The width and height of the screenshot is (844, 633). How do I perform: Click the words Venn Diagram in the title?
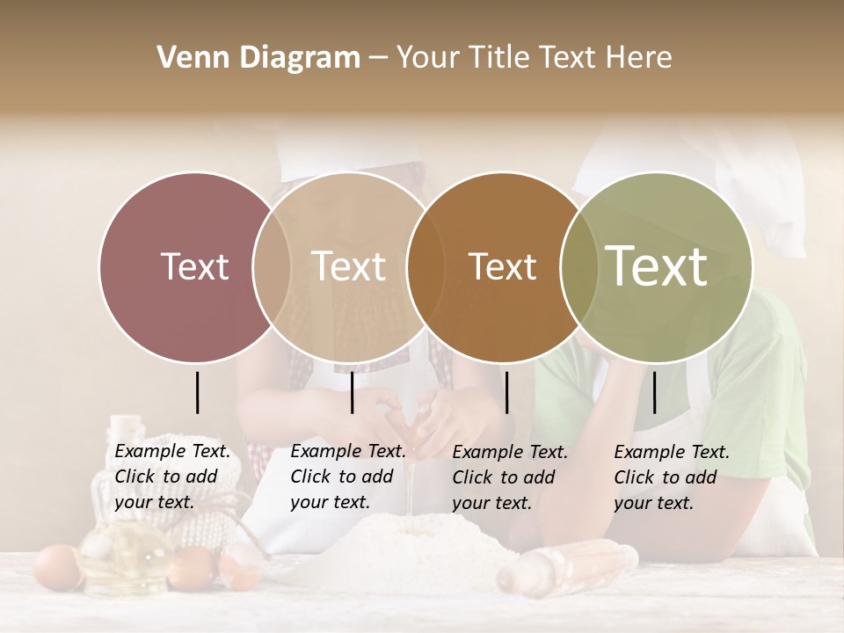pyautogui.click(x=258, y=58)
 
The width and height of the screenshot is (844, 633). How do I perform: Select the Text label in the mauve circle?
pyautogui.click(x=194, y=266)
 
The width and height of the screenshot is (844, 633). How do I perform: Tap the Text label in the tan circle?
pyautogui.click(x=349, y=266)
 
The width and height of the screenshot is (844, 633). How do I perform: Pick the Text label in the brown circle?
pyautogui.click(x=502, y=266)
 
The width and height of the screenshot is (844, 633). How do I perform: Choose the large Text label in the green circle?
pyautogui.click(x=657, y=266)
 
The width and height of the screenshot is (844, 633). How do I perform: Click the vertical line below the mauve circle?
pyautogui.click(x=197, y=392)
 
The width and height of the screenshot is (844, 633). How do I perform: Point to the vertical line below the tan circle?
pyautogui.click(x=352, y=392)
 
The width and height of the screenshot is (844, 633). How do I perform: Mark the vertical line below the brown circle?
pyautogui.click(x=506, y=392)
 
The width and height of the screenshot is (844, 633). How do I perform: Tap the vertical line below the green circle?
pyautogui.click(x=654, y=392)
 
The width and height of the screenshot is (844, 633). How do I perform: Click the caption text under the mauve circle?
pyautogui.click(x=172, y=477)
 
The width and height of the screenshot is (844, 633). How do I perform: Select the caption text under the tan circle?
pyautogui.click(x=348, y=477)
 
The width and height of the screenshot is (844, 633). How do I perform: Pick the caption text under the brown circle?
pyautogui.click(x=510, y=477)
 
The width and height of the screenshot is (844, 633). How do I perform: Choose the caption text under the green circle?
pyautogui.click(x=672, y=477)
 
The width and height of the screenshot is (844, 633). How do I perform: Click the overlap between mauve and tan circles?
pyautogui.click(x=272, y=266)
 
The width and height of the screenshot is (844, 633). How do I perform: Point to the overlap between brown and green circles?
pyautogui.click(x=577, y=266)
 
